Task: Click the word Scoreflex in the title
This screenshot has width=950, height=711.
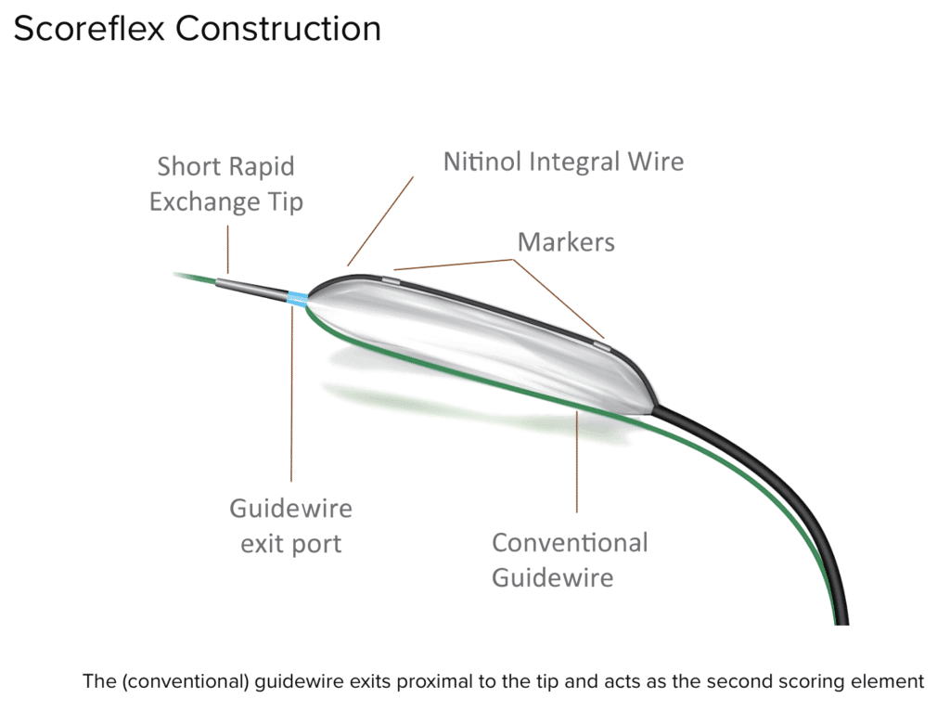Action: click(89, 29)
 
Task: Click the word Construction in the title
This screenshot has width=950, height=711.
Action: click(278, 29)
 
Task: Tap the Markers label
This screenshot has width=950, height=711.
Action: click(566, 242)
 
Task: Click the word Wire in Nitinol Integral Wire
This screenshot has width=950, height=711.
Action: click(654, 162)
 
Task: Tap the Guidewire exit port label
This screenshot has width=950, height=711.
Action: click(291, 525)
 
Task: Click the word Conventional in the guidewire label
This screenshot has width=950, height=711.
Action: click(570, 542)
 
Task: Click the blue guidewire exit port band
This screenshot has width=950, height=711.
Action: click(297, 299)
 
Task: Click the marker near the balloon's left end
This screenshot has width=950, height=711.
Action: click(392, 277)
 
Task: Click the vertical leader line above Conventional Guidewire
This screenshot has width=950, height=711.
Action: click(577, 464)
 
